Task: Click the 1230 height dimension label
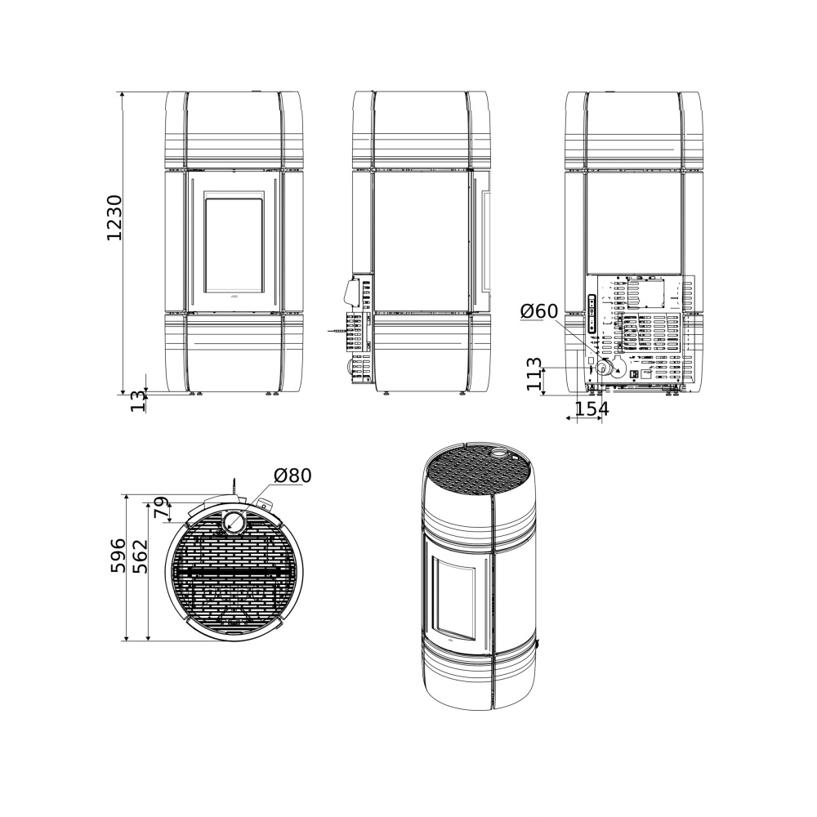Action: pos(114,217)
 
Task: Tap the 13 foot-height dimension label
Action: pos(138,400)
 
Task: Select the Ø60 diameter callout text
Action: pos(538,311)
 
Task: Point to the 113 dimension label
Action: pos(534,374)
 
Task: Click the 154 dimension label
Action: pos(592,409)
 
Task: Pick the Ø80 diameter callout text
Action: pos(292,475)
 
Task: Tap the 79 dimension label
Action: pos(162,508)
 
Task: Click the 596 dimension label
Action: pos(118,556)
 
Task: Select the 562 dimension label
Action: pos(141,556)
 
